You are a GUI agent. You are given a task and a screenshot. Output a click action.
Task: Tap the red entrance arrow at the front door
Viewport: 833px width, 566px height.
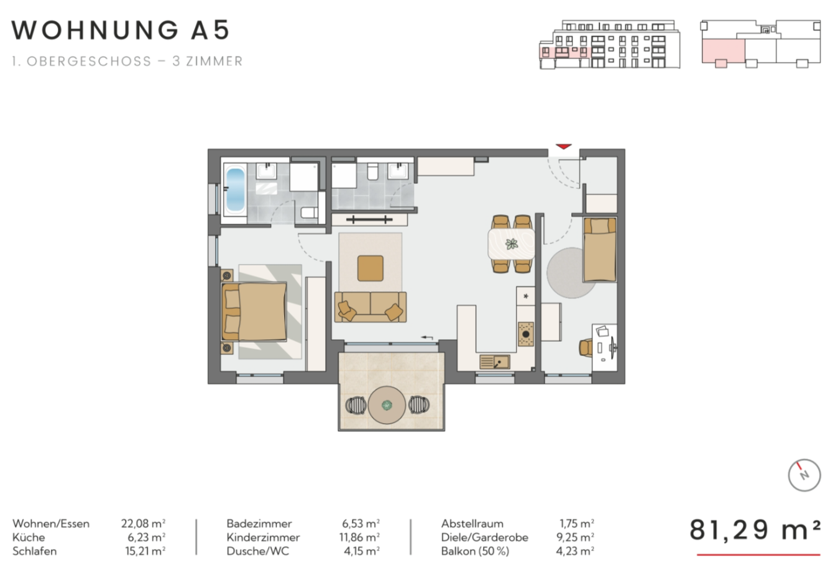tap(563, 147)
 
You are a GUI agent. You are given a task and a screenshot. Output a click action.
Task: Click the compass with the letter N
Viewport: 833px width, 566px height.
tap(804, 475)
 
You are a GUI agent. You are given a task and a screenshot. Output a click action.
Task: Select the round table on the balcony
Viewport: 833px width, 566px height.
tap(387, 404)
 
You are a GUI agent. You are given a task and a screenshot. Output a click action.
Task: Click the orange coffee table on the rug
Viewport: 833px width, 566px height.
tap(370, 268)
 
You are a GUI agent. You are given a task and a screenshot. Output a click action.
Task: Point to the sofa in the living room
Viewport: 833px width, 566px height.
tap(370, 307)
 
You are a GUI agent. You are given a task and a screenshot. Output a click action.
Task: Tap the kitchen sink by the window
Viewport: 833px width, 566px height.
tap(495, 362)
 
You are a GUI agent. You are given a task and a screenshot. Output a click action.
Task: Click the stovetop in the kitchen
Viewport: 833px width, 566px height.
tap(526, 334)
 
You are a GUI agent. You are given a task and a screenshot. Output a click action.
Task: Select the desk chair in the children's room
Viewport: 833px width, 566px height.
tap(586, 348)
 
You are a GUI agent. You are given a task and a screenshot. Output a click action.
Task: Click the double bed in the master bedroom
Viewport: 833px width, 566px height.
tap(254, 312)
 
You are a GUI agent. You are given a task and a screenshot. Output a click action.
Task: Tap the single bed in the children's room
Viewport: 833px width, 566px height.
tap(599, 250)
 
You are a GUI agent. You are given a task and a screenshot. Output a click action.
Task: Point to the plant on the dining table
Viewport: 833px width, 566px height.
tap(512, 244)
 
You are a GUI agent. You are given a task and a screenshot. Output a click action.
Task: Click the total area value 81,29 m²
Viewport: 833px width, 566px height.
tap(755, 529)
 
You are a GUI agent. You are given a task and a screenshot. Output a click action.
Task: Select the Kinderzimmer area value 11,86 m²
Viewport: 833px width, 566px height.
tap(359, 537)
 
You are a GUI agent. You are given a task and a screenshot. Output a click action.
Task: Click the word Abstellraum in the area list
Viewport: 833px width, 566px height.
tap(472, 524)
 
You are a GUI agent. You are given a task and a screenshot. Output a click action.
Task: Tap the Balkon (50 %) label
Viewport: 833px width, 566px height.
tap(475, 551)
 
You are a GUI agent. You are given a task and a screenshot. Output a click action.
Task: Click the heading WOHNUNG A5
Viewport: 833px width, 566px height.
tap(121, 30)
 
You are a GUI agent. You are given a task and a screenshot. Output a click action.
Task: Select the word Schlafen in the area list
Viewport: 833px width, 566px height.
tap(35, 551)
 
